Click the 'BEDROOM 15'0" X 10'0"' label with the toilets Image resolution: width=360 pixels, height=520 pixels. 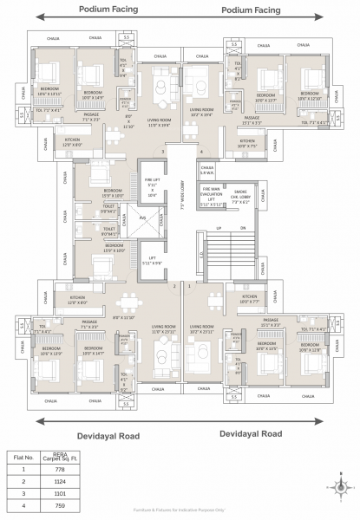(x=107, y=193)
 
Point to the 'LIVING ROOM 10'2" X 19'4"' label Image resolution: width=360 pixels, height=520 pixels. (x=202, y=112)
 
